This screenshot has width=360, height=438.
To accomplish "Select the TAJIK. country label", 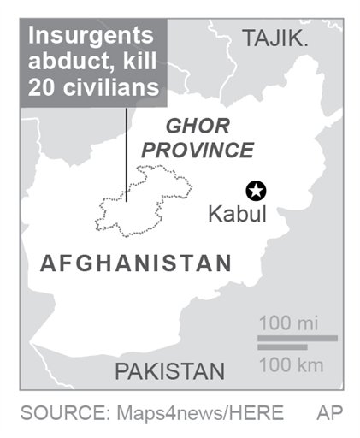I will [275, 38].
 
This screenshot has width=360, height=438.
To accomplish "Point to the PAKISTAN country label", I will [170, 371].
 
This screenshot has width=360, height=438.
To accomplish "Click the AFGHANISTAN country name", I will [136, 263].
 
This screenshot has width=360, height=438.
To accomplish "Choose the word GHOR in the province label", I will [198, 127].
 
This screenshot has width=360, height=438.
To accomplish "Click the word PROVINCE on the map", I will [198, 151].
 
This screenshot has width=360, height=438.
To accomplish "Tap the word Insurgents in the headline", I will [91, 36].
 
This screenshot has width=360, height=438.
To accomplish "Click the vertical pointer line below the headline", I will [127, 154].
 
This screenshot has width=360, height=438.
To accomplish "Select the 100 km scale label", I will [290, 365].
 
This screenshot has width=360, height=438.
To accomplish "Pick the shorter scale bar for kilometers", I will [282, 346].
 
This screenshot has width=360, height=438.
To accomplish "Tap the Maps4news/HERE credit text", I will [198, 413].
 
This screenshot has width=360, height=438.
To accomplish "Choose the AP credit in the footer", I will [329, 413].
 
